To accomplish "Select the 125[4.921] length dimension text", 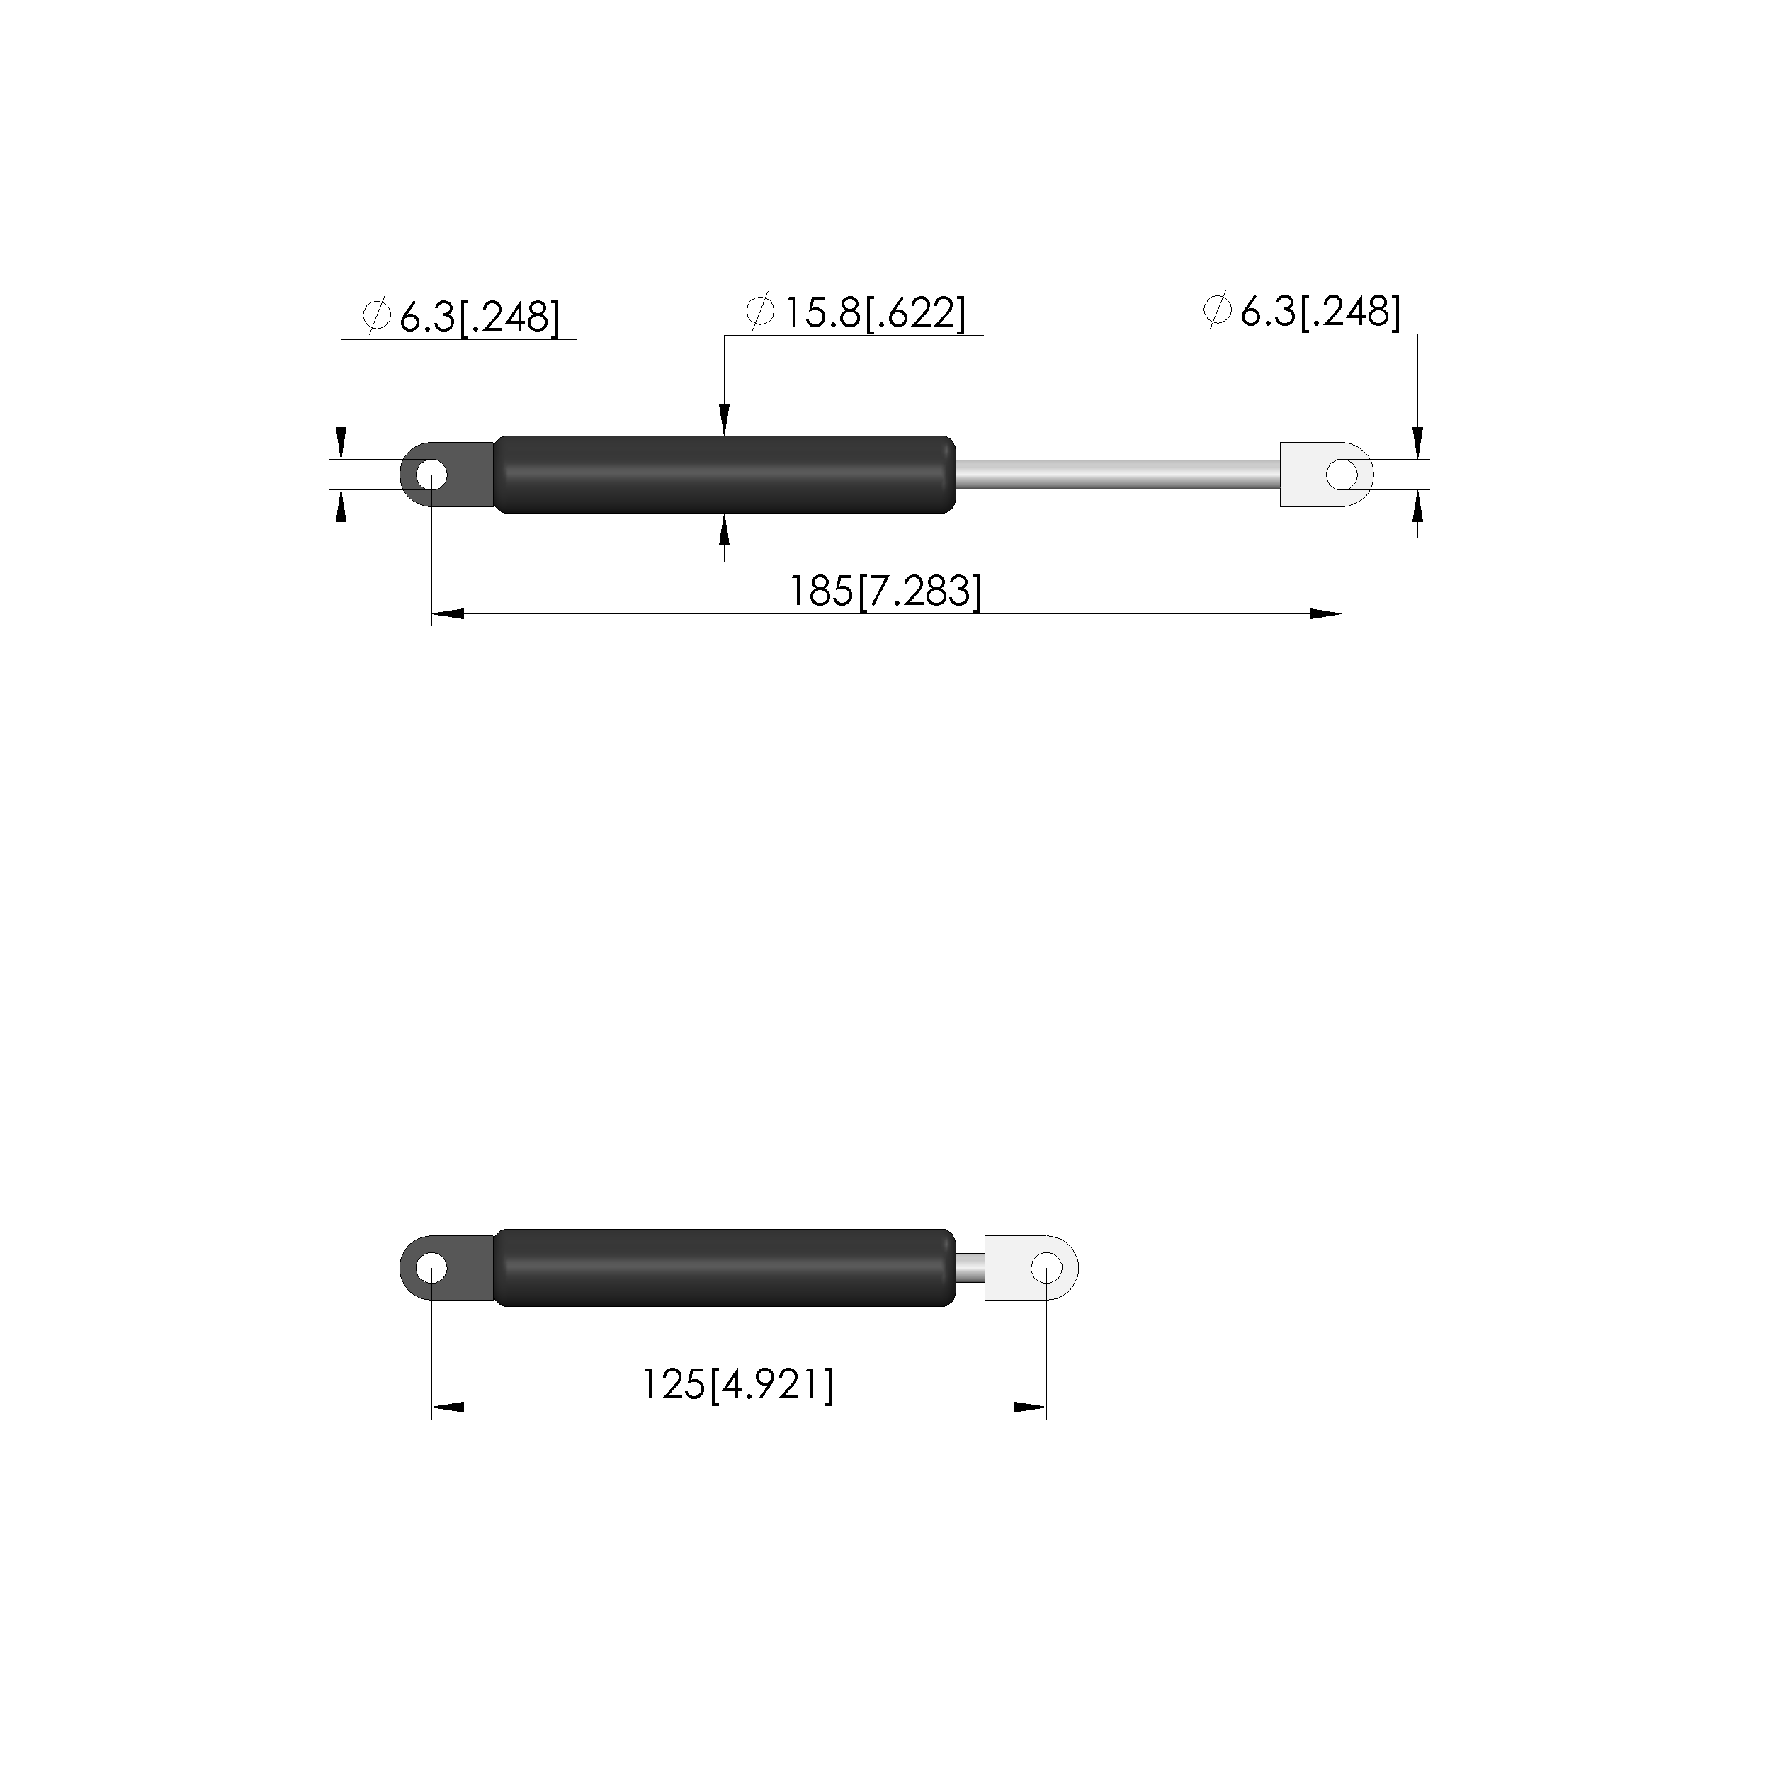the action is [737, 1385].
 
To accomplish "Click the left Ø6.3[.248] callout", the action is [460, 317].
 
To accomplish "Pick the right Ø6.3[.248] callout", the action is [1301, 312].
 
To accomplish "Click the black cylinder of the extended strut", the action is [725, 475].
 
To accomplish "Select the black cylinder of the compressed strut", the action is [725, 1267].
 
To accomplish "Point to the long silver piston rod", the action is [1118, 475].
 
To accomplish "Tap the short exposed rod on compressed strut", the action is [971, 1267].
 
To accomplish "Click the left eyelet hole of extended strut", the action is [431, 475].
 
